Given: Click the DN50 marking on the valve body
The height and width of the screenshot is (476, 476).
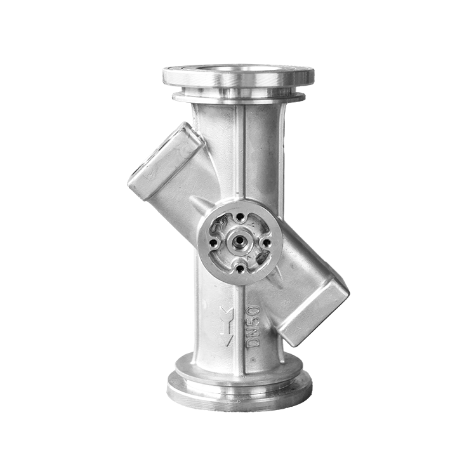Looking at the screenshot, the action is (x=253, y=326).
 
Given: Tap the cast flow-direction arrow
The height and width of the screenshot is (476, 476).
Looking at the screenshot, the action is (x=227, y=327).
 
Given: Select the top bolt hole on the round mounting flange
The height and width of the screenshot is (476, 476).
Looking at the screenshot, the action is (x=241, y=217).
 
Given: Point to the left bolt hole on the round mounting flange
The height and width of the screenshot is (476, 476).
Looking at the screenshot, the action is (x=215, y=242).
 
